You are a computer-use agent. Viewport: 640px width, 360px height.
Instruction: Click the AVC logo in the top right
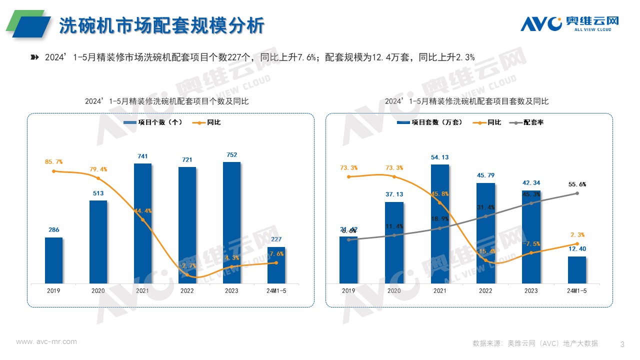click(569, 23)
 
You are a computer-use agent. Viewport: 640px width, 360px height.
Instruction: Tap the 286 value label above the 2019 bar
click(54, 230)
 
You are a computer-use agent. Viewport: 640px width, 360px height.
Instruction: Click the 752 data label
click(231, 154)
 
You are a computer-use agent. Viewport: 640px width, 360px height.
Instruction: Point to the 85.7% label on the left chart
click(54, 161)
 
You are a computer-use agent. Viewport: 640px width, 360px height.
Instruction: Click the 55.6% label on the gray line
click(577, 184)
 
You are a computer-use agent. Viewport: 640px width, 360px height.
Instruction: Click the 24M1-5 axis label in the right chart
click(576, 291)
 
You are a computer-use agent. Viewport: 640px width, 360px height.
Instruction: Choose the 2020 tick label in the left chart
click(98, 291)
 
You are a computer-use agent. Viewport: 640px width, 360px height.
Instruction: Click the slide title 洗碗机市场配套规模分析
click(161, 26)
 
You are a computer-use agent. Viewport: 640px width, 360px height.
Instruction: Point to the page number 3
click(622, 344)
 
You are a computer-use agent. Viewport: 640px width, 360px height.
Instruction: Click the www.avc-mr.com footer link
click(46, 341)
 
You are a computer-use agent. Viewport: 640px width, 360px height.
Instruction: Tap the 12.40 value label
click(577, 249)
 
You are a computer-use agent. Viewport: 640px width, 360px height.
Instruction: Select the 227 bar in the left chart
click(276, 265)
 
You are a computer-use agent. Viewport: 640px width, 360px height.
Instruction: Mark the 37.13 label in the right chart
click(394, 194)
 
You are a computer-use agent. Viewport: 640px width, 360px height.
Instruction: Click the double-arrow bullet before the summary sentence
click(34, 57)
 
